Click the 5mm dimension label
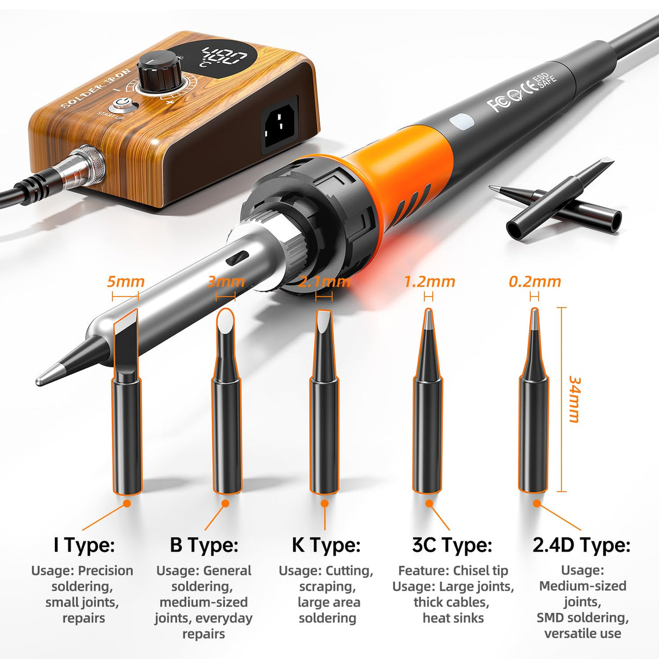pyautogui.click(x=125, y=282)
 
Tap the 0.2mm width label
pyautogui.click(x=535, y=282)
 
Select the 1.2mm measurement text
pyautogui.click(x=429, y=282)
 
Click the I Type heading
pyautogui.click(x=84, y=544)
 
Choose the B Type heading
pyautogui.click(x=204, y=544)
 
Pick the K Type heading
pyautogui.click(x=326, y=544)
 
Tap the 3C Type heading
pyautogui.click(x=452, y=544)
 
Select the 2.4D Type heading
pyautogui.click(x=581, y=544)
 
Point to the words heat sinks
pyautogui.click(x=453, y=618)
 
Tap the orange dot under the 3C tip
pyautogui.click(x=429, y=503)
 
